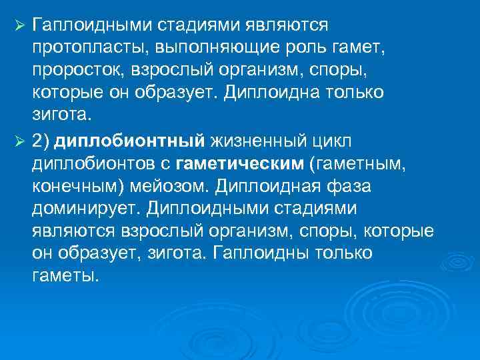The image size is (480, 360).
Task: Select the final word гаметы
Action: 64,275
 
